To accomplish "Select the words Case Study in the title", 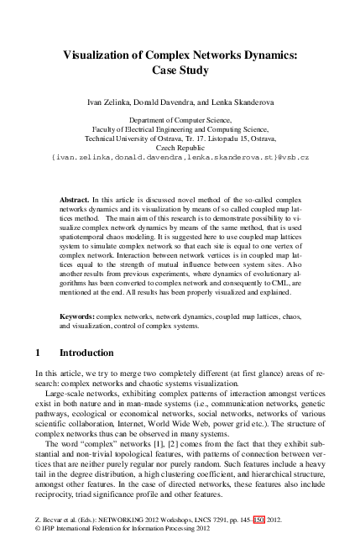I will point(180,71).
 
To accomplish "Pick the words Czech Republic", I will point(180,147).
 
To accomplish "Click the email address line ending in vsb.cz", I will point(180,157).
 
